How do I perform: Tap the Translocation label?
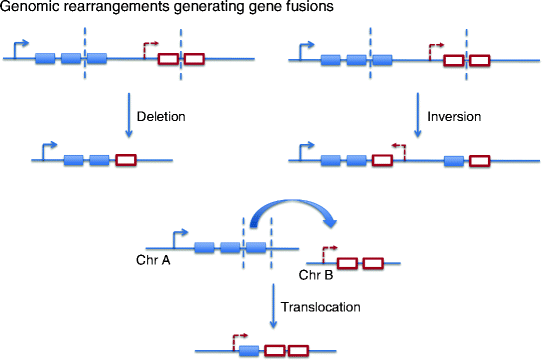pyautogui.click(x=317, y=308)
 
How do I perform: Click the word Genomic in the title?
pyautogui.click(x=35, y=9)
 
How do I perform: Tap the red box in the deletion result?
pyautogui.click(x=125, y=159)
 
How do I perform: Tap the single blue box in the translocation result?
pyautogui.click(x=249, y=351)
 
